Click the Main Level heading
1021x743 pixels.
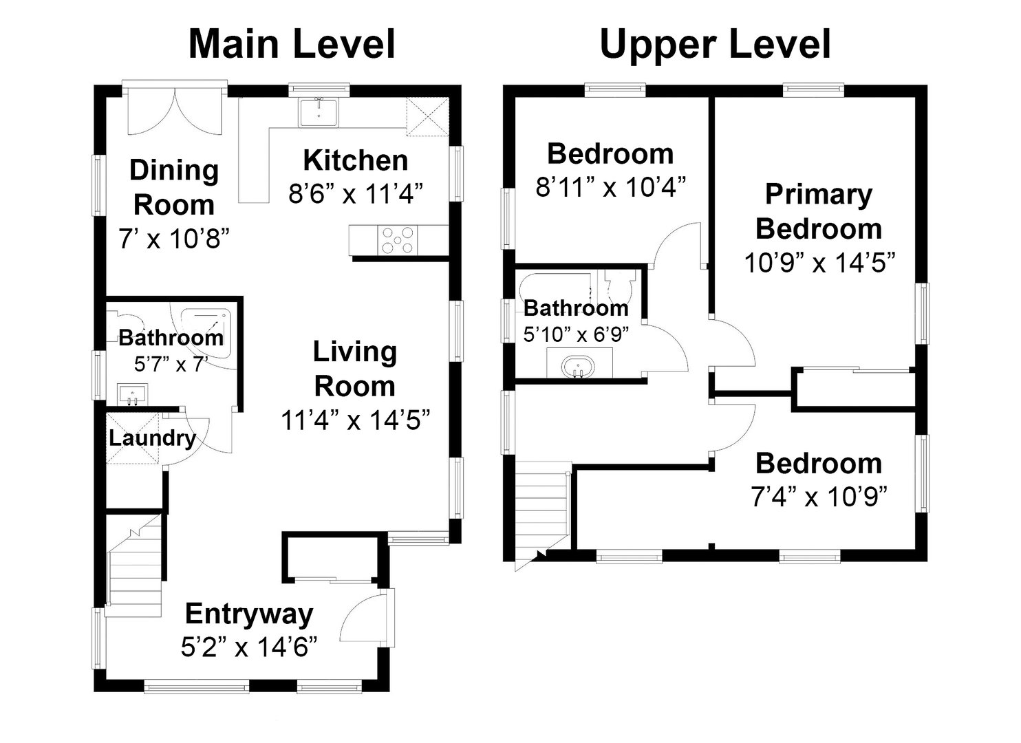292,44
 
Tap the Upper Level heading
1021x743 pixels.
715,44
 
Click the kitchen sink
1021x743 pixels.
318,113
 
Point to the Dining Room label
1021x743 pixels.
174,187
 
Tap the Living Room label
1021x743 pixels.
354,369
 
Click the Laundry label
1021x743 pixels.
152,438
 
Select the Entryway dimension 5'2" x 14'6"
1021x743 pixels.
249,647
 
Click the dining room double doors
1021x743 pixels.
174,111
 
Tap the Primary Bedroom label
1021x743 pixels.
818,211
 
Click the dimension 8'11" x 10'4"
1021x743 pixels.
610,186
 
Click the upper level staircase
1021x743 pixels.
543,509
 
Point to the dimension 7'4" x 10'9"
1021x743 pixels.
818,496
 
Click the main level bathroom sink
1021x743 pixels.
131,395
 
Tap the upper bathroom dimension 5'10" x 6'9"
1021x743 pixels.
576,334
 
